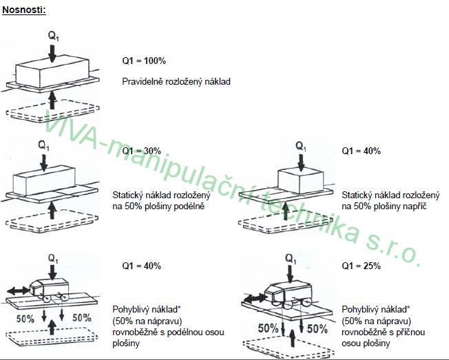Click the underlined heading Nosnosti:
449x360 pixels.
[24, 10]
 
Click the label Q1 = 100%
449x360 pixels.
[144, 61]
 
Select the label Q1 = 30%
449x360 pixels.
[141, 151]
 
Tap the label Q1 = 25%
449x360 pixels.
[361, 266]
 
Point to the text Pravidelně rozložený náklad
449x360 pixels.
[176, 81]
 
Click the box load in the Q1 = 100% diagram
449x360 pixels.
[52, 72]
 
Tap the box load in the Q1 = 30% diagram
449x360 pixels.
[44, 180]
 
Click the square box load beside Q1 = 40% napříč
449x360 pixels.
[301, 181]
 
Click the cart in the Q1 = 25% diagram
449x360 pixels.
[289, 294]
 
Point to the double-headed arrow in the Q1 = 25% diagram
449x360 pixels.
[255, 299]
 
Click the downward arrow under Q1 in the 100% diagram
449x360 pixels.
[52, 53]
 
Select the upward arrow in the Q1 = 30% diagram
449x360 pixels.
[52, 211]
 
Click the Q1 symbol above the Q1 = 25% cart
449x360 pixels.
[291, 260]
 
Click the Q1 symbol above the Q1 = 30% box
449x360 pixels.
[44, 145]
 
